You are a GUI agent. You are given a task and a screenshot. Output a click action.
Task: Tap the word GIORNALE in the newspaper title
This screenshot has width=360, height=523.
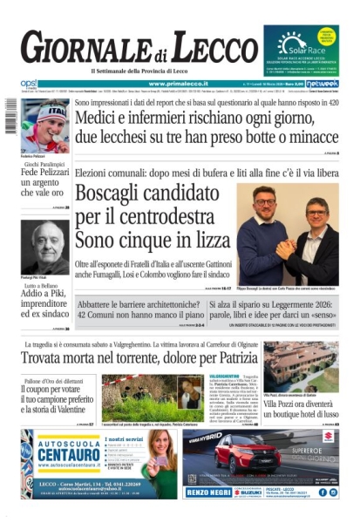coord(84,48)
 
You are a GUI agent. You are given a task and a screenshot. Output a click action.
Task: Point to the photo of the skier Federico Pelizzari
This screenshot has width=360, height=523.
coord(44,126)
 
